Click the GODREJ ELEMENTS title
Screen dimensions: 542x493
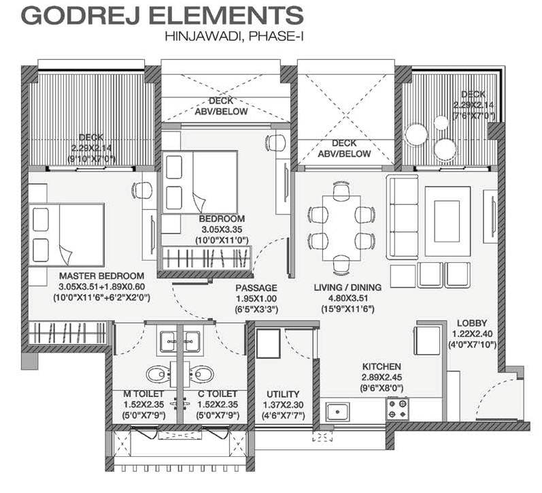coord(162,15)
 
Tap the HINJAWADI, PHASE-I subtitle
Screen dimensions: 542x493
coord(234,36)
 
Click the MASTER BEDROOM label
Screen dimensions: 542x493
coord(101,276)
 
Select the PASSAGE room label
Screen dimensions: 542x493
coord(256,288)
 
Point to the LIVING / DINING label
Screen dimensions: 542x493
coord(348,287)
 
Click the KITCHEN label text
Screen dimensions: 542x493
coord(382,366)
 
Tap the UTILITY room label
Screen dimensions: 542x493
coord(283,394)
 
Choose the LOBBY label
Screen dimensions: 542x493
coord(472,323)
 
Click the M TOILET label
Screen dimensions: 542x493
coord(143,394)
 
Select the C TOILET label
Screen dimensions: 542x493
coord(218,394)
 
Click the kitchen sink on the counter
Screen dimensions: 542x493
coord(337,412)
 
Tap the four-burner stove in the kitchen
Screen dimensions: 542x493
coord(398,409)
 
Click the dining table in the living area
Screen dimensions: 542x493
coord(341,228)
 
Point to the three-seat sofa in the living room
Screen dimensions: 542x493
coord(403,217)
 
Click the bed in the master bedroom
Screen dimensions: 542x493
coord(67,235)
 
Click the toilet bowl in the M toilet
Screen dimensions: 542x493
coord(157,375)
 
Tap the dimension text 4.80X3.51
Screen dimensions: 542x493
coord(348,298)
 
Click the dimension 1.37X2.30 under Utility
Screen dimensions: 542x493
coord(283,404)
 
